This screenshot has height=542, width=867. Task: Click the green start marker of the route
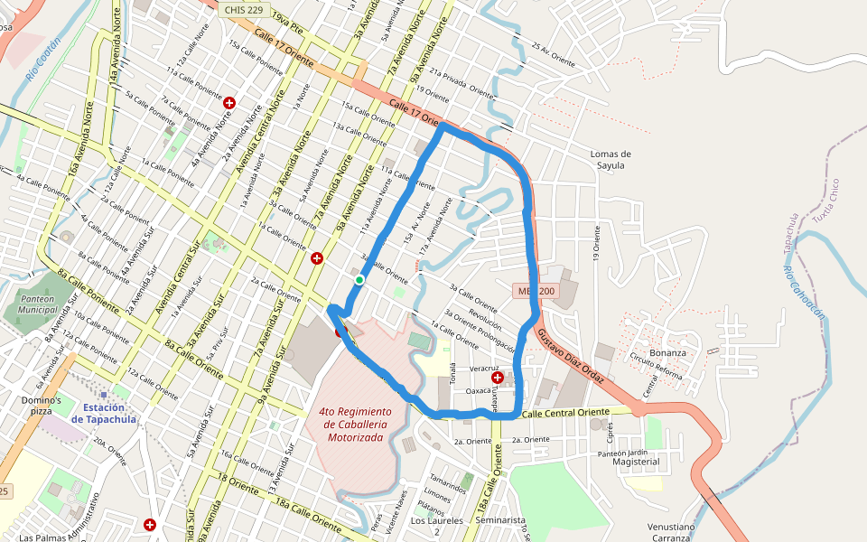(x=359, y=280)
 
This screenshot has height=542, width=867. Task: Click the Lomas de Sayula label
(x=611, y=159)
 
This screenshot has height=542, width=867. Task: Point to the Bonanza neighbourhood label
(x=668, y=352)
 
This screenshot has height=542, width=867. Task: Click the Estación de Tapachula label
(x=109, y=413)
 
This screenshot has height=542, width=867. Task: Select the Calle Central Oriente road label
(x=567, y=413)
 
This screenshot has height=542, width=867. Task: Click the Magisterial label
(x=636, y=462)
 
